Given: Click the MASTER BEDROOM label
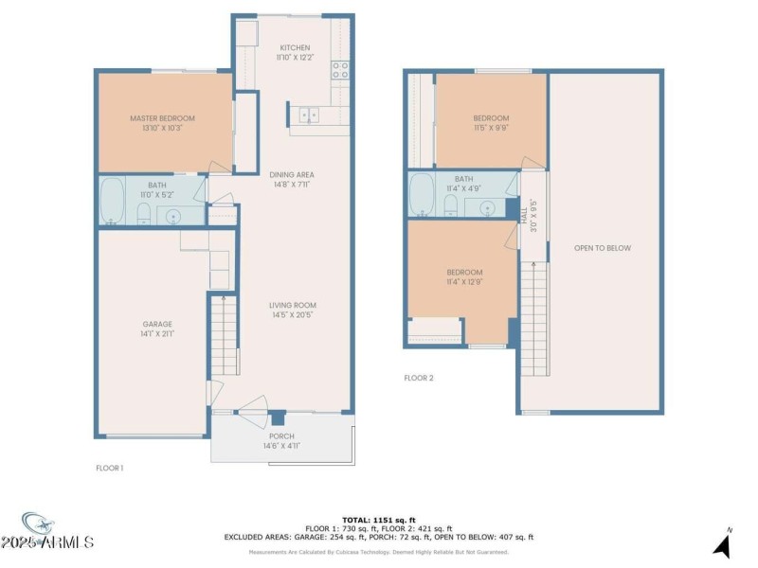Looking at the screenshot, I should pyautogui.click(x=162, y=118).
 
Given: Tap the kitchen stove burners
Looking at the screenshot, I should pyautogui.click(x=339, y=70).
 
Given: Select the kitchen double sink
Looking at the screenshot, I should pyautogui.click(x=308, y=115).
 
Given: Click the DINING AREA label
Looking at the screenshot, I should pyautogui.click(x=291, y=174).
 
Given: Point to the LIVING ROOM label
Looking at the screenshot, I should pyautogui.click(x=291, y=304).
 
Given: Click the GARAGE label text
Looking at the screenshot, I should pyautogui.click(x=156, y=325).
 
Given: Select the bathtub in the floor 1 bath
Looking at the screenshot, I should pyautogui.click(x=112, y=201).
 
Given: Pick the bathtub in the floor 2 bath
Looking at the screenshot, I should pyautogui.click(x=422, y=194).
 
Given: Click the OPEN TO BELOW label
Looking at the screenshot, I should pyautogui.click(x=602, y=248).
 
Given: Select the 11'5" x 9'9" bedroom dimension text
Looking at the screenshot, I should pyautogui.click(x=491, y=129).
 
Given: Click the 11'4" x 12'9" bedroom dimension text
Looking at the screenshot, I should pyautogui.click(x=464, y=282).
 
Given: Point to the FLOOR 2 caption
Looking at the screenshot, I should pyautogui.click(x=418, y=378).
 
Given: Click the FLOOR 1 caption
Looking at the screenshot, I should pyautogui.click(x=110, y=468).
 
